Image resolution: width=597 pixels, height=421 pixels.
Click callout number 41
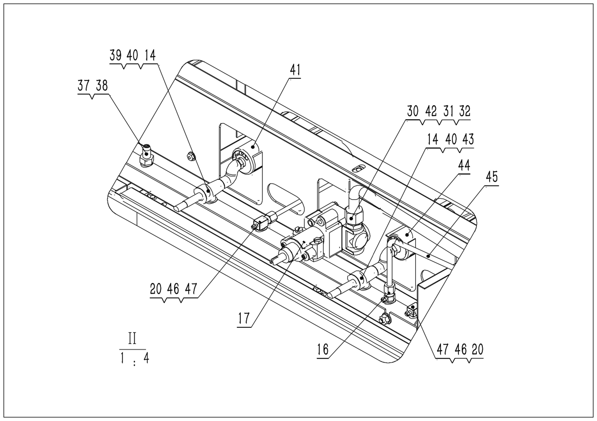[295, 70]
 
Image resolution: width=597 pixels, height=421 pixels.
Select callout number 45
[492, 177]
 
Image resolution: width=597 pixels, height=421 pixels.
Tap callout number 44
[464, 165]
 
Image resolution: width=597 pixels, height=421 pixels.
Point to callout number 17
[244, 318]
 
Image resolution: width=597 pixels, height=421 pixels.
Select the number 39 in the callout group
[115, 55]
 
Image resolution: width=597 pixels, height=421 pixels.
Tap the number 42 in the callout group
[431, 111]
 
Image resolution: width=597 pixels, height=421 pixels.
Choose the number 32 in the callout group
[465, 111]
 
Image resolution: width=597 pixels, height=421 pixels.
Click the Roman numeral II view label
[132, 338]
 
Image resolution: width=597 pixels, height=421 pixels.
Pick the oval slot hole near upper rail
[359, 169]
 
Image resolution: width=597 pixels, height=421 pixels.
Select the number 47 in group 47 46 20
[442, 349]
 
